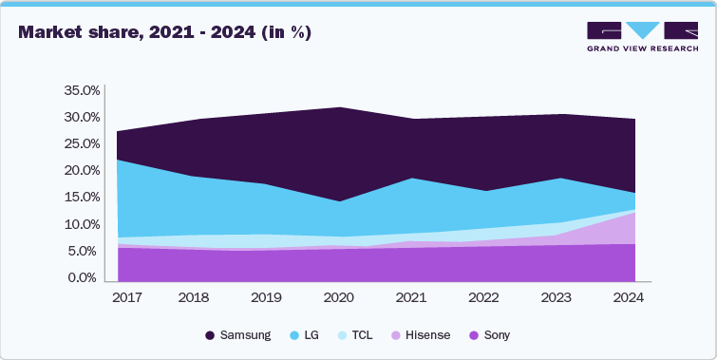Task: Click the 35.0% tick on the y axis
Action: [81, 91]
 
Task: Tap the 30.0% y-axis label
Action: [81, 118]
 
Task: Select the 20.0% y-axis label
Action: [81, 171]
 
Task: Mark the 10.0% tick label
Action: [81, 225]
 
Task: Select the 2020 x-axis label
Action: [339, 297]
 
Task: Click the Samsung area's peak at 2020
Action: [339, 107]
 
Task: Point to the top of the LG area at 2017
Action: [117, 160]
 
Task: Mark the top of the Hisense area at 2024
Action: [634, 212]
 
